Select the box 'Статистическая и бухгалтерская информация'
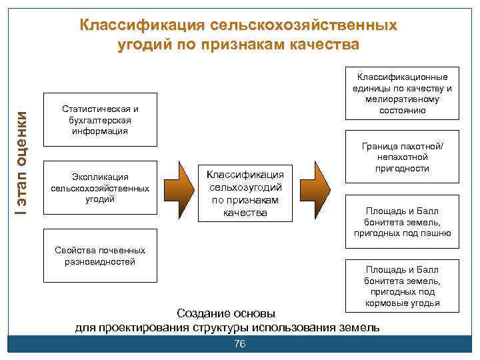(99, 120)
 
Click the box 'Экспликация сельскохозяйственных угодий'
(99, 188)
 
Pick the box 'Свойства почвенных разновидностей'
(99, 257)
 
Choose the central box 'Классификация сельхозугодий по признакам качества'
(245, 193)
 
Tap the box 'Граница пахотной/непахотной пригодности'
(402, 157)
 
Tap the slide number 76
(240, 343)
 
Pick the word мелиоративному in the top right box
(402, 99)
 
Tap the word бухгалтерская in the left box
(99, 120)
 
